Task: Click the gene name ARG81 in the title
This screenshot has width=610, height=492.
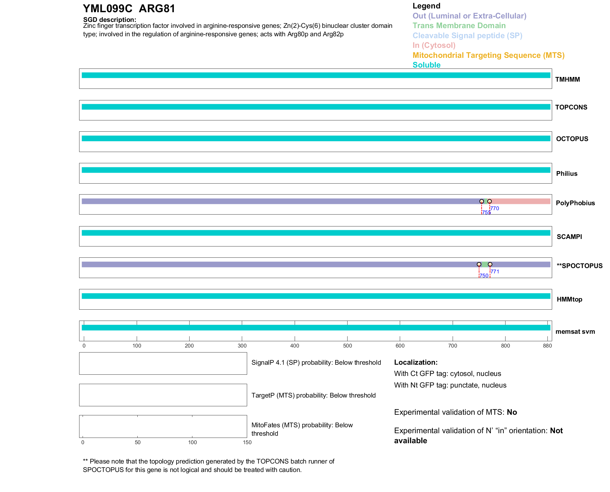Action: pos(157,9)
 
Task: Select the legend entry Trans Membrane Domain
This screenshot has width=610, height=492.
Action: pos(459,26)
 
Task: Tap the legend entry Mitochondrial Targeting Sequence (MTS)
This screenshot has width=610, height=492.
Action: pos(488,55)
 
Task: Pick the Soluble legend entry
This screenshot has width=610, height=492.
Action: pos(426,65)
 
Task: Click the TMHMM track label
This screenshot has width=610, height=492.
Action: pos(567,79)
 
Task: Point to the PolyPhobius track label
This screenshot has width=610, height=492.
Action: pos(575,203)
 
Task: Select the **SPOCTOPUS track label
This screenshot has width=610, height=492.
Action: pos(579,266)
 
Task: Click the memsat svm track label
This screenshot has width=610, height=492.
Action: pos(575,332)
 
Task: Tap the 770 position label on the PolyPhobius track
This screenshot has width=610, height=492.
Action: pos(495,208)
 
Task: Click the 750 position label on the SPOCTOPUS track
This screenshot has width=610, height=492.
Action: pos(484,276)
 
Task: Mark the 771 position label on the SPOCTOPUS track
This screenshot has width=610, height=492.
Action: pos(495,271)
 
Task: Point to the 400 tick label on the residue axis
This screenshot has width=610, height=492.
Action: pos(295,346)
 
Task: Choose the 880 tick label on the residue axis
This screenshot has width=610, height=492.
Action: pos(547,346)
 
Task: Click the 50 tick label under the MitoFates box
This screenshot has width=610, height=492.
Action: pos(138,442)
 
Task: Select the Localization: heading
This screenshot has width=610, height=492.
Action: pos(416,362)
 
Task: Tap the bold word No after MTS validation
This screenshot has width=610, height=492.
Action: pos(512,412)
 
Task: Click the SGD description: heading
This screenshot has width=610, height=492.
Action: pos(109,20)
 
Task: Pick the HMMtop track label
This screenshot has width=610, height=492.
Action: pos(569,299)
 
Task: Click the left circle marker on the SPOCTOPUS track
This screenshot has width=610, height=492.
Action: pos(479,264)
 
